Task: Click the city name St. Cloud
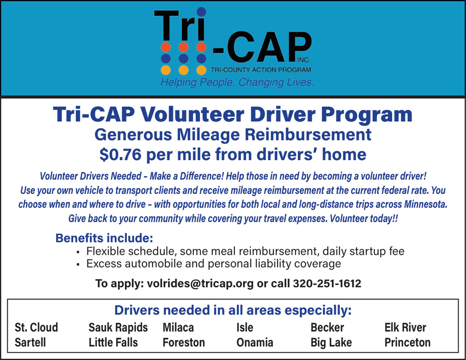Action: pyautogui.click(x=36, y=327)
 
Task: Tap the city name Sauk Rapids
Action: pyautogui.click(x=118, y=327)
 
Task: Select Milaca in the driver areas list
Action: pyautogui.click(x=178, y=327)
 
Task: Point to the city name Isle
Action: pyautogui.click(x=245, y=327)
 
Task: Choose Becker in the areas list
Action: pyautogui.click(x=327, y=327)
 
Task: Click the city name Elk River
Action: pyautogui.click(x=405, y=327)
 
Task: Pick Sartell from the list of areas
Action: pyautogui.click(x=30, y=342)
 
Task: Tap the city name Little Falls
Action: pyautogui.click(x=113, y=342)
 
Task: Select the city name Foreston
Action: pyautogui.click(x=184, y=342)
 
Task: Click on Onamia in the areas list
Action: pyautogui.click(x=255, y=342)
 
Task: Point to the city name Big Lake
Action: pyautogui.click(x=331, y=342)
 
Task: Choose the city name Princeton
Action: pyautogui.click(x=407, y=342)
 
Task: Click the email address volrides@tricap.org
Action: pyautogui.click(x=200, y=284)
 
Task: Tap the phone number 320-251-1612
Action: pyautogui.click(x=327, y=283)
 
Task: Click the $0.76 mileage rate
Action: pyautogui.click(x=120, y=155)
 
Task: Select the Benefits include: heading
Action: pyautogui.click(x=104, y=238)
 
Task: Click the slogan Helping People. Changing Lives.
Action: pyautogui.click(x=237, y=82)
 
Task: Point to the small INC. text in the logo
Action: pyautogui.click(x=304, y=60)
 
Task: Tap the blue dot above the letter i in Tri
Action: pyautogui.click(x=201, y=12)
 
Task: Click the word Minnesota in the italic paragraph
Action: pyautogui.click(x=425, y=204)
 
